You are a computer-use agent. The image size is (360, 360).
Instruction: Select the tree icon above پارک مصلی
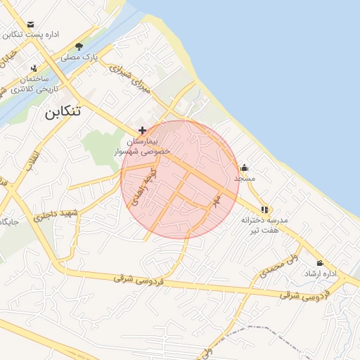point(79,46)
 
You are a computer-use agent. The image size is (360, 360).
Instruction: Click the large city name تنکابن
point(62,111)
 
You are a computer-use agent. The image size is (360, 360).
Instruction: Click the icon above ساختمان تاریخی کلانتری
point(34,67)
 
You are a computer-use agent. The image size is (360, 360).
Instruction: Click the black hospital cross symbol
point(143,130)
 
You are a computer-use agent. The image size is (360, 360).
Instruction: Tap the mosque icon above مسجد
point(244,167)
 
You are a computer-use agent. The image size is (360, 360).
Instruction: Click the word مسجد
point(245,179)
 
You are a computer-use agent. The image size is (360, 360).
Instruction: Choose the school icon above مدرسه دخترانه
point(264,209)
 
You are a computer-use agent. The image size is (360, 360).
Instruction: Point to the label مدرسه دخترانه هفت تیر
point(260,224)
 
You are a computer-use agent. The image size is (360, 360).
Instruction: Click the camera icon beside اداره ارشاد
point(320,262)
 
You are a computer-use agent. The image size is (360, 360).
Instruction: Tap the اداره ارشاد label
point(321,274)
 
